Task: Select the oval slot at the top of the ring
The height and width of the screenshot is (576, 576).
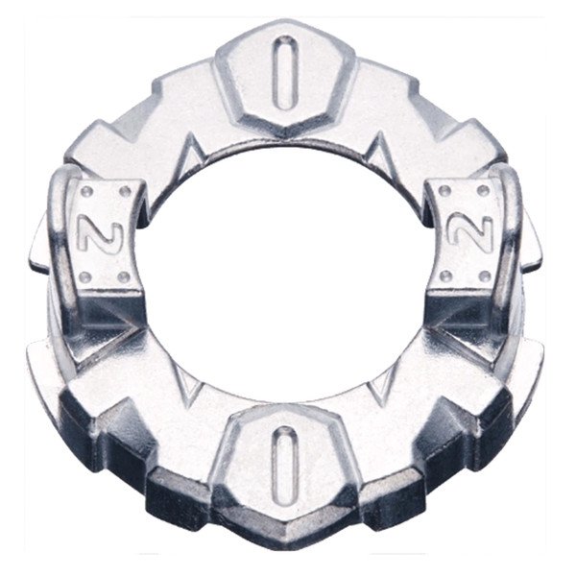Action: [285, 73]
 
